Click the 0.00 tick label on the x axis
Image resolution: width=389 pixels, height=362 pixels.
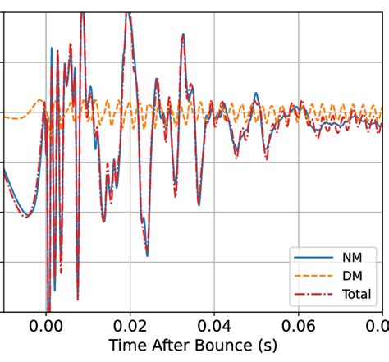pos(46,324)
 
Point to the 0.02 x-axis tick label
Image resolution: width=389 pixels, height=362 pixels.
pos(130,324)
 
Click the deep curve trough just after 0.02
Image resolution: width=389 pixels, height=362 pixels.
pos(147,254)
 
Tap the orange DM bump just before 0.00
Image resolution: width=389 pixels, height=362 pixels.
pos(39,101)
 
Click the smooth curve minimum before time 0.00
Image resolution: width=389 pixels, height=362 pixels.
pos(27,216)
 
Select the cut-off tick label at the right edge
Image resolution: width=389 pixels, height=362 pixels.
pos(382,324)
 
